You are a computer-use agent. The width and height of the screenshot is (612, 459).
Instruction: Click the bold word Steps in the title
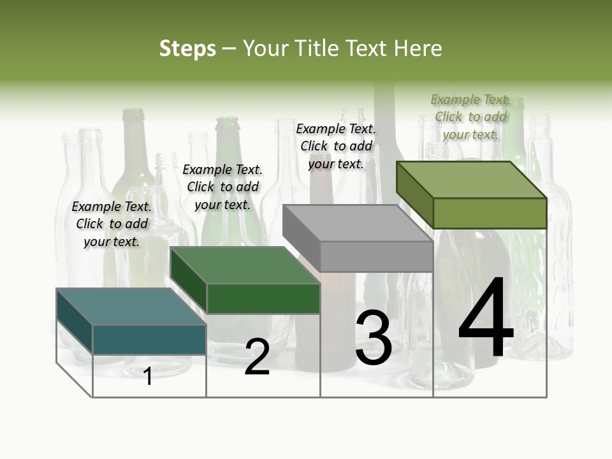coord(187,48)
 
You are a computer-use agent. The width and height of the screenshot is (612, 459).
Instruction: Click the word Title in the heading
coord(316,48)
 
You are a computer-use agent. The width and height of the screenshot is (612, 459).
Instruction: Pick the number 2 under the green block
coord(257,358)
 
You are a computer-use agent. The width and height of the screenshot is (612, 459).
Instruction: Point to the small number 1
coord(148,376)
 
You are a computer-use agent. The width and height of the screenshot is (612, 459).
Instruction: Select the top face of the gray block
coord(358,223)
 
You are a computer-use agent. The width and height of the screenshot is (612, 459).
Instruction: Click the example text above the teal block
coord(112,224)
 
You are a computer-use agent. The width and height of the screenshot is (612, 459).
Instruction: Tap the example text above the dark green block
coord(222,187)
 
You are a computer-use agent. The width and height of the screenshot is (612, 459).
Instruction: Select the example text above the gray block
coord(336,146)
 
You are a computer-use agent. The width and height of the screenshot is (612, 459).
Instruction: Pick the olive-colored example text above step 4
coord(470,117)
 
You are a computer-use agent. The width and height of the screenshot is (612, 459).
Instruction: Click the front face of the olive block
coord(490,213)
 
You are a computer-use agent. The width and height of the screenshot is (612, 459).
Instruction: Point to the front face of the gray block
coord(376,257)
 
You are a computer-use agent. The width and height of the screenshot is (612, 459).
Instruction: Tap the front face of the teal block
coord(149,339)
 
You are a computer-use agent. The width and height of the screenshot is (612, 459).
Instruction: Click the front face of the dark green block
coord(263,298)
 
